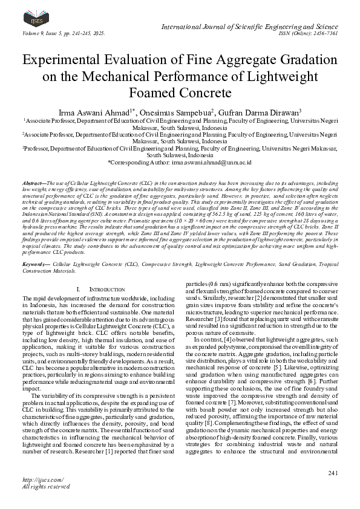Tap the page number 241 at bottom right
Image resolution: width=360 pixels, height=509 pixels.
click(x=331, y=472)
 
